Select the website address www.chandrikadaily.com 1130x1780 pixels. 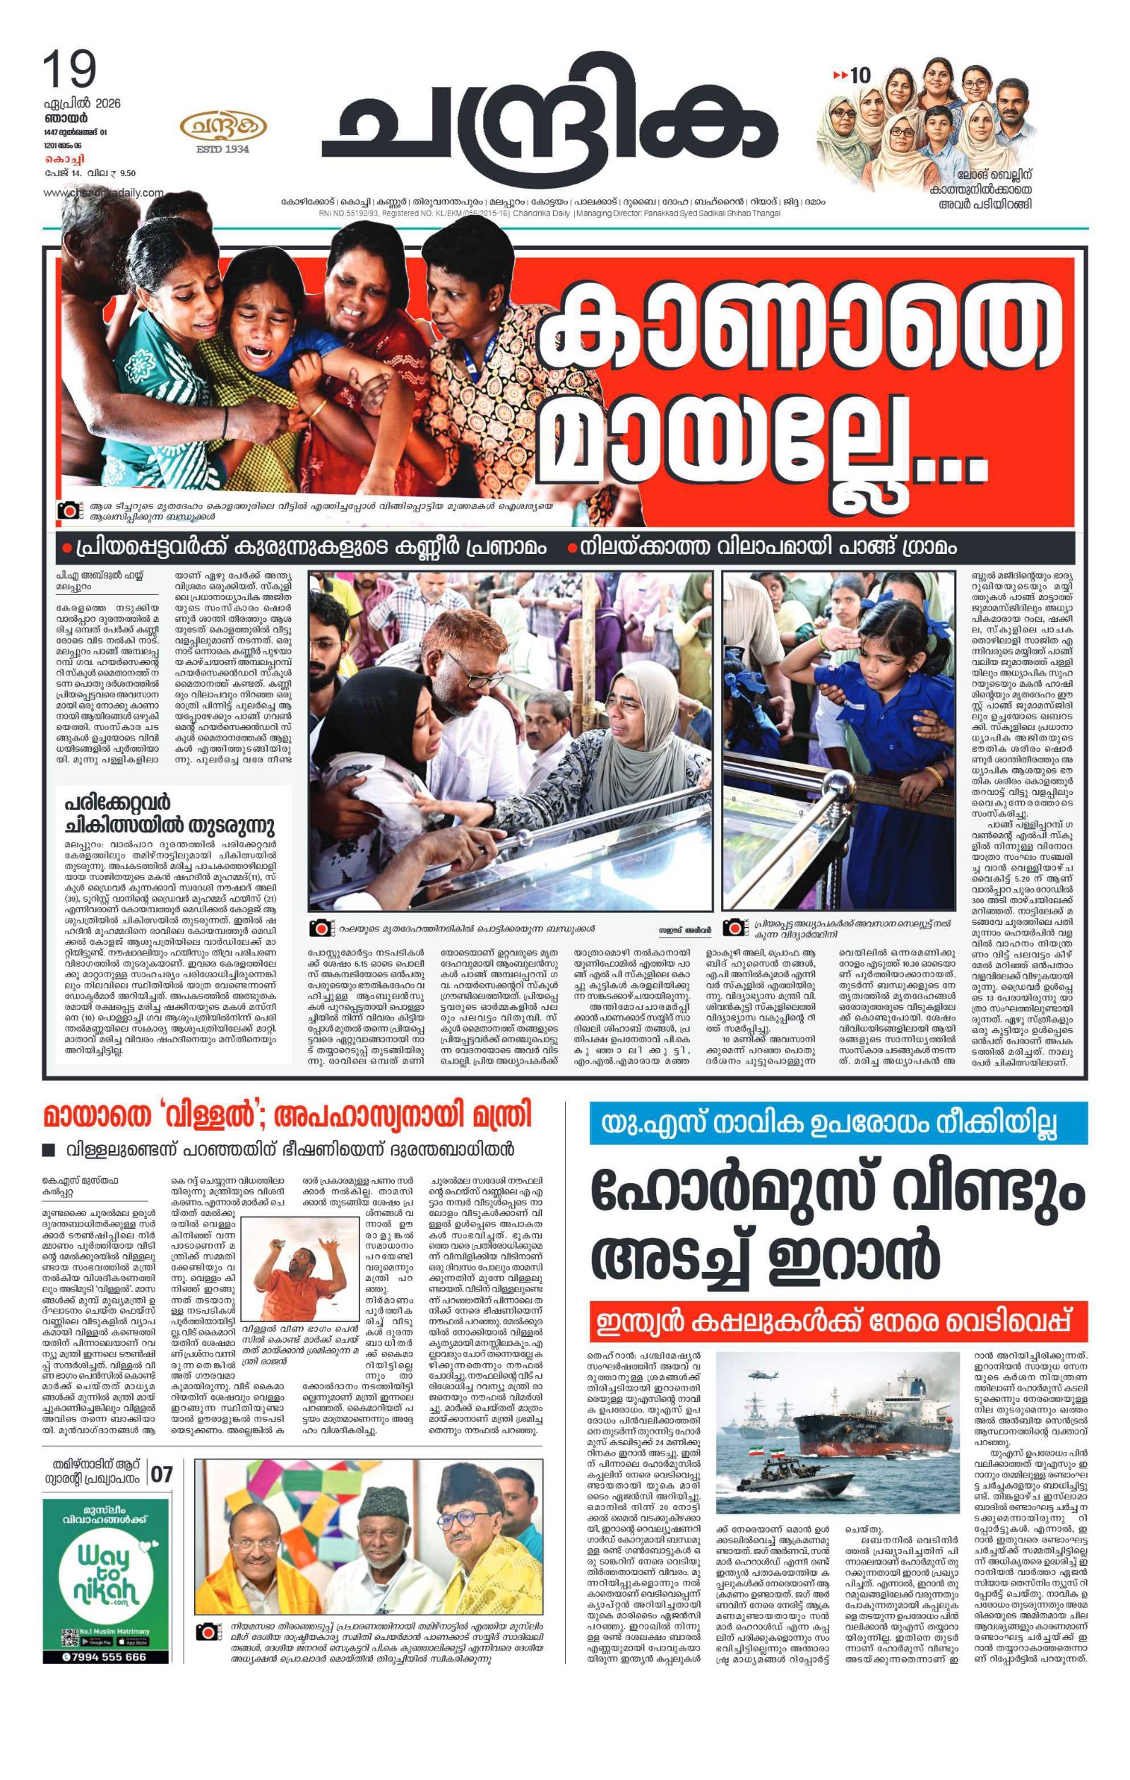104,192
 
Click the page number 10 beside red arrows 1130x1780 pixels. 860,75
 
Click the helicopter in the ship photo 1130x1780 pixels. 758,1376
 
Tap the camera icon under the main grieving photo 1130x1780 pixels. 69,511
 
